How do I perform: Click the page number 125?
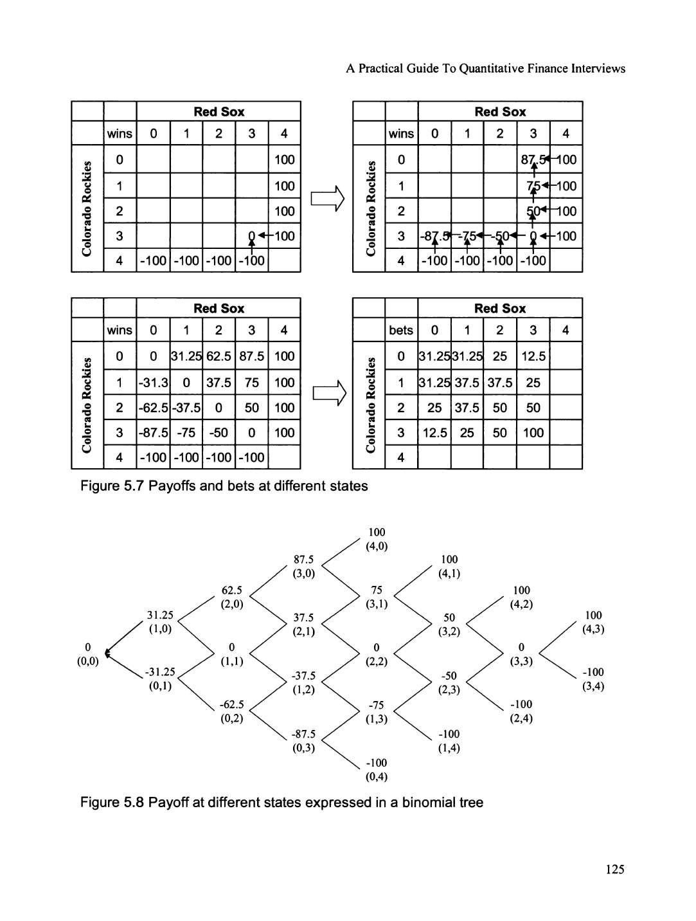[x=614, y=870]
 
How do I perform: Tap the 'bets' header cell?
[x=401, y=330]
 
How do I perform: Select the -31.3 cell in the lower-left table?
[x=153, y=383]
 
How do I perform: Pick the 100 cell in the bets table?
[x=533, y=433]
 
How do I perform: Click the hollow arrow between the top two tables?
[x=326, y=198]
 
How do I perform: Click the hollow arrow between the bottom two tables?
[x=326, y=394]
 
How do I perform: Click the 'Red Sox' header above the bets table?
[x=499, y=309]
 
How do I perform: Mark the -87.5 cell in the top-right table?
[x=434, y=236]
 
